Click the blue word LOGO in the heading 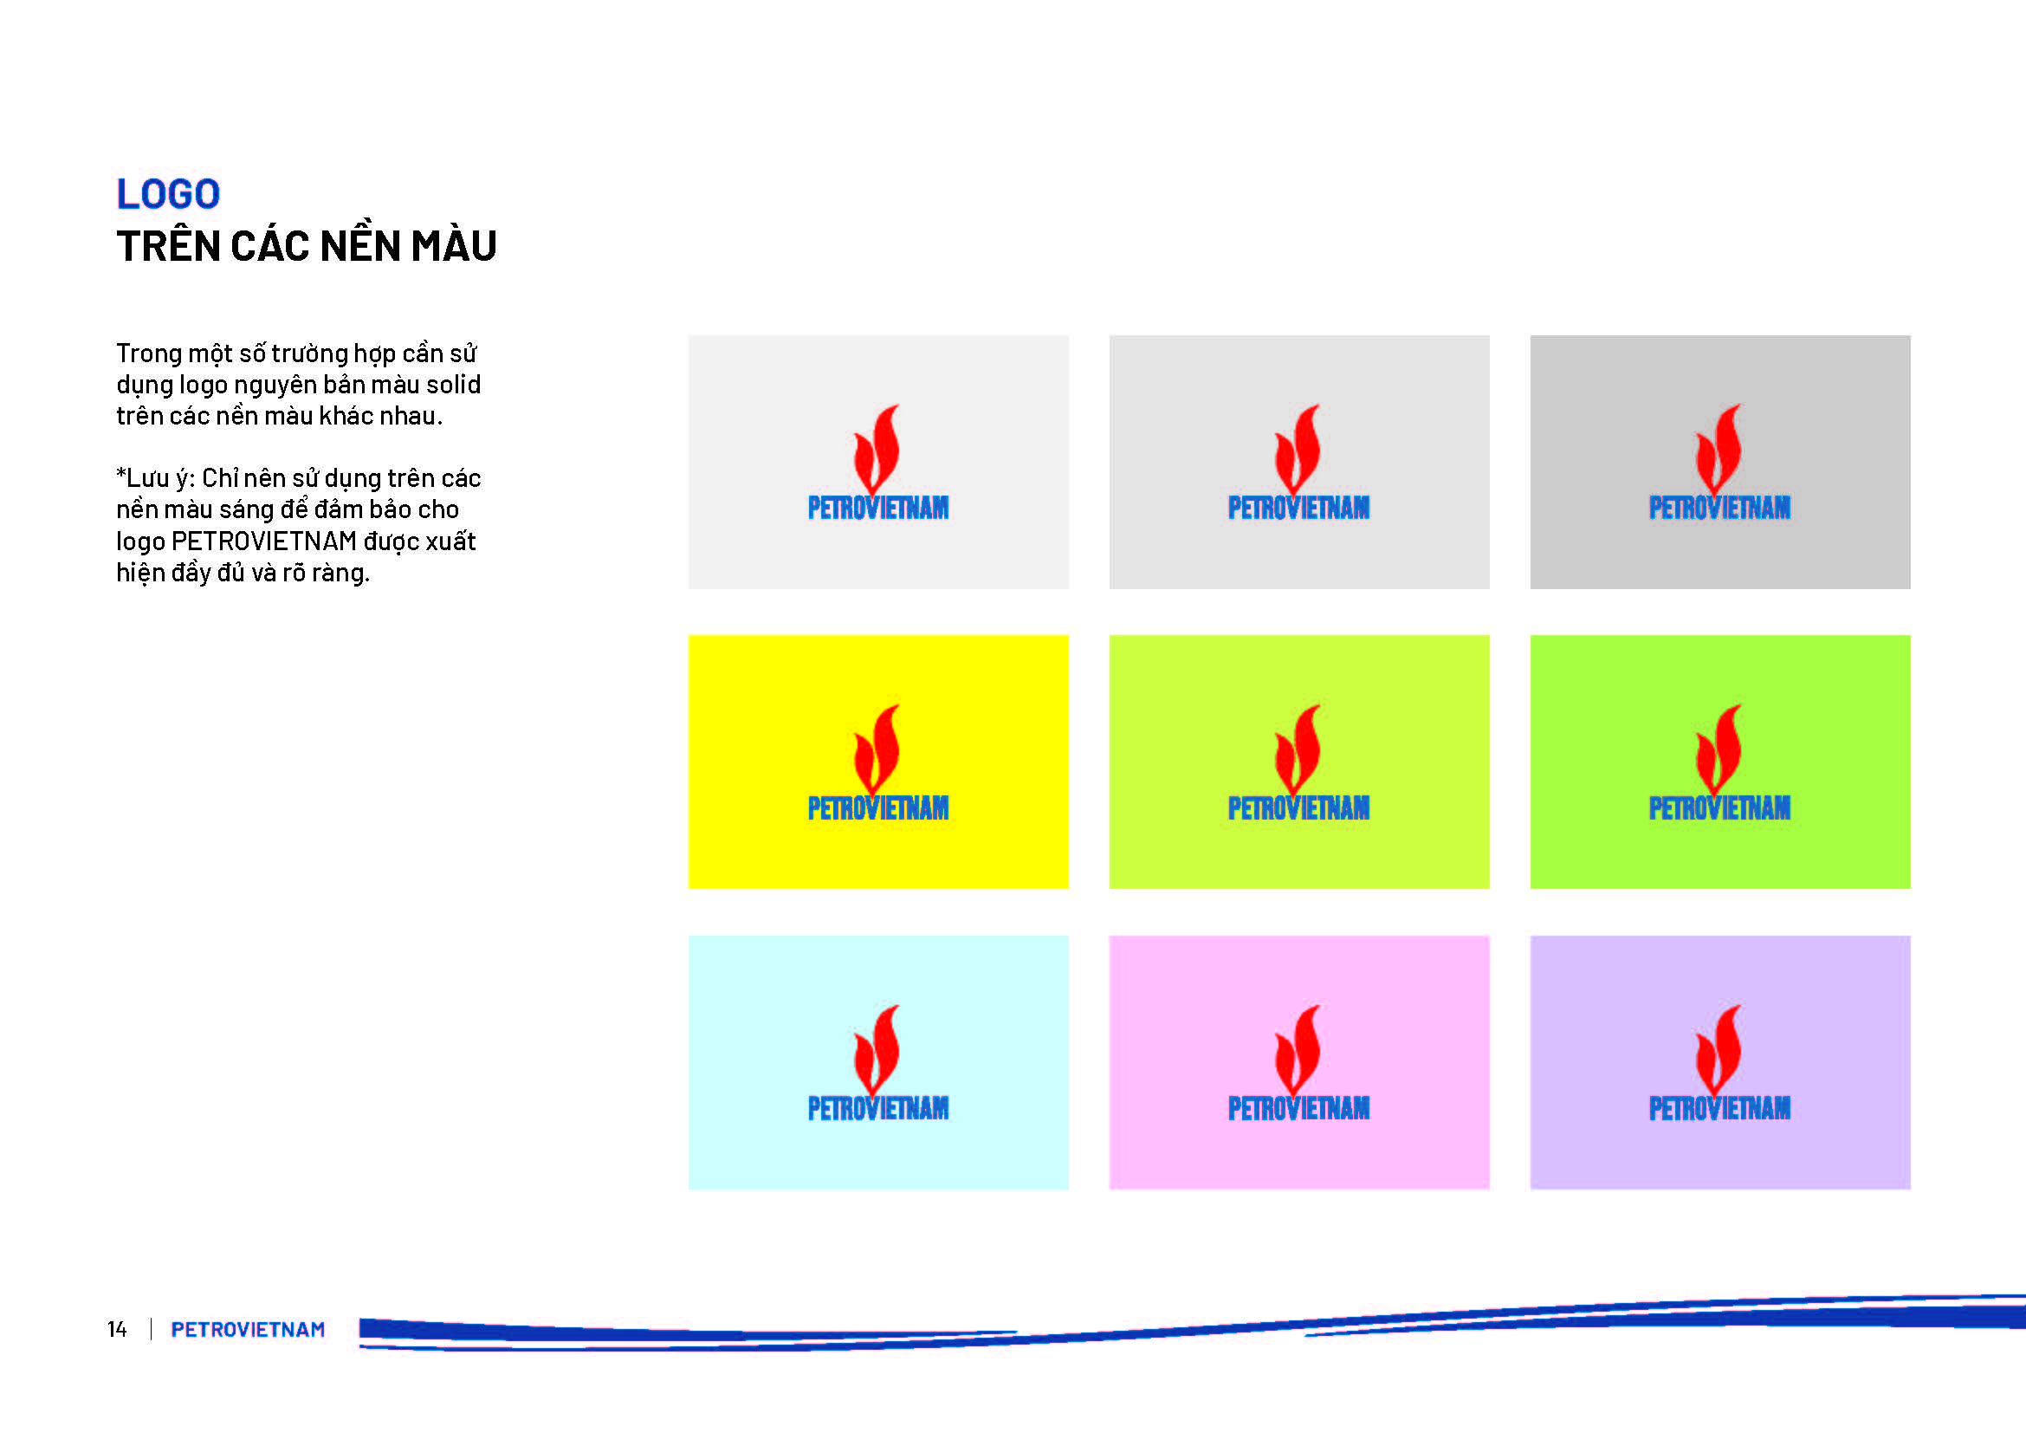169,194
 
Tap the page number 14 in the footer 116,1329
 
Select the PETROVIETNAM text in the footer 248,1329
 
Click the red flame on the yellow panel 877,750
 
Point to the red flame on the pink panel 1298,1050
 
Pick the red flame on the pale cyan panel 877,1050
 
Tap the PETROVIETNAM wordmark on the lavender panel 1720,1108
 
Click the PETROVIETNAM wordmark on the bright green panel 1720,808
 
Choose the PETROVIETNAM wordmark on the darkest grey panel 1720,509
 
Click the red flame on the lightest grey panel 877,450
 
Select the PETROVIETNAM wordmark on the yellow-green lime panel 1299,808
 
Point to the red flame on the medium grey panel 1298,450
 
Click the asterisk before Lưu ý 121,474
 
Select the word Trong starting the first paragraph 149,354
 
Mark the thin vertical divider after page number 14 151,1329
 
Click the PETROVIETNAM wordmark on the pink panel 1299,1108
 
